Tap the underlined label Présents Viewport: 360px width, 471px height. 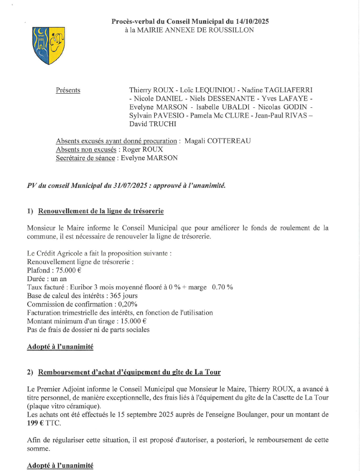pos(68,90)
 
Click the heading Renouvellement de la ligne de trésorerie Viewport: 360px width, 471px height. pos(100,211)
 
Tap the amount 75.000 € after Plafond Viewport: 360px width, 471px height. pos(67,270)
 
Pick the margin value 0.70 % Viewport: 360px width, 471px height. pos(222,287)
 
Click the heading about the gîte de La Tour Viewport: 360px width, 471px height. pos(129,372)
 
